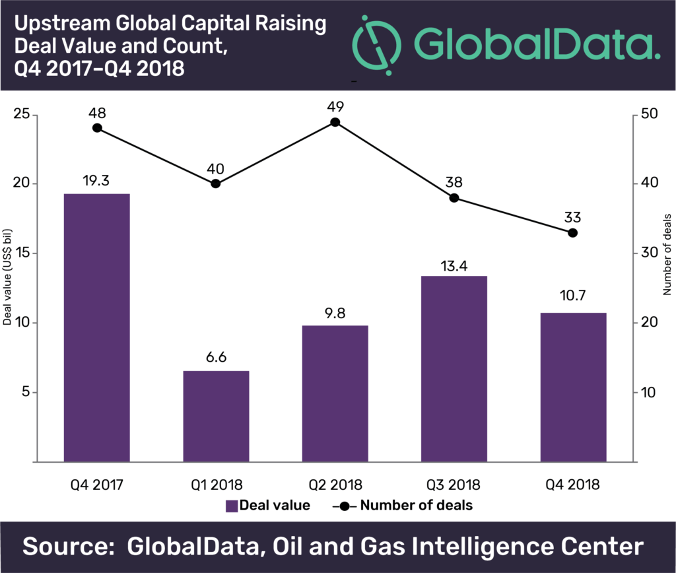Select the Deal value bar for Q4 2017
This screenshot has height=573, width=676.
tap(97, 327)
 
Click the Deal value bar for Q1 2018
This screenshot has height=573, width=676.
tap(216, 417)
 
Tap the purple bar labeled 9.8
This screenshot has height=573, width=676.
tap(335, 393)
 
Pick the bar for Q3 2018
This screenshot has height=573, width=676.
tap(454, 369)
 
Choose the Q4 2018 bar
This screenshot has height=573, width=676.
tap(573, 388)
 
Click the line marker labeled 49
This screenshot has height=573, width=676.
tap(335, 122)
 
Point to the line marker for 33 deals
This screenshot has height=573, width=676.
tap(572, 233)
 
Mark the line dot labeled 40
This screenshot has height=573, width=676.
tap(216, 184)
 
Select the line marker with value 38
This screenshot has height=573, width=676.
tap(454, 198)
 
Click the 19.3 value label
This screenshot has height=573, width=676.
tap(96, 181)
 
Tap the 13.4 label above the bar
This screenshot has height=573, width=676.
tap(454, 266)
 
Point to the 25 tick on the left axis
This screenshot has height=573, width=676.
tap(22, 114)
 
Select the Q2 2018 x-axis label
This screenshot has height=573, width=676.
tap(335, 485)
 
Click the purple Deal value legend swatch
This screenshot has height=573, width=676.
tap(232, 506)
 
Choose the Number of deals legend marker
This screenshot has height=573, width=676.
tap(345, 506)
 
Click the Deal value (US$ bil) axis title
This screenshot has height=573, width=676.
tap(7, 277)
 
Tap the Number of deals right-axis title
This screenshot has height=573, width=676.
tap(667, 254)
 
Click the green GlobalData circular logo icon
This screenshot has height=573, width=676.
tap(376, 46)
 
